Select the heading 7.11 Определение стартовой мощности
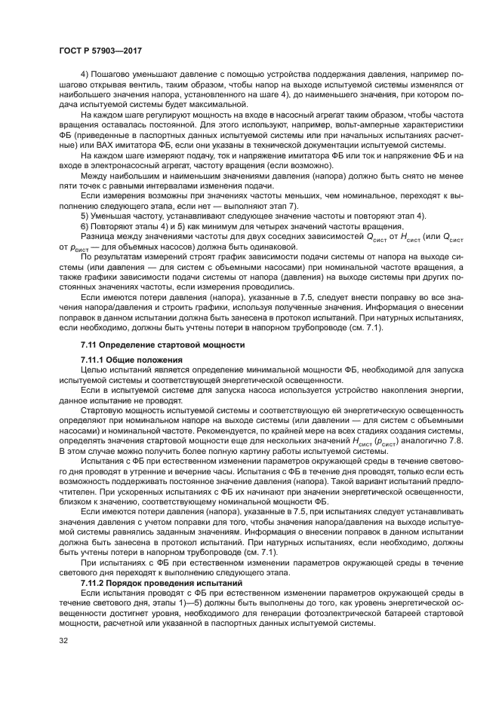pyautogui.click(x=162, y=345)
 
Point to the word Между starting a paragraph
pyautogui.click(x=94, y=177)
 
